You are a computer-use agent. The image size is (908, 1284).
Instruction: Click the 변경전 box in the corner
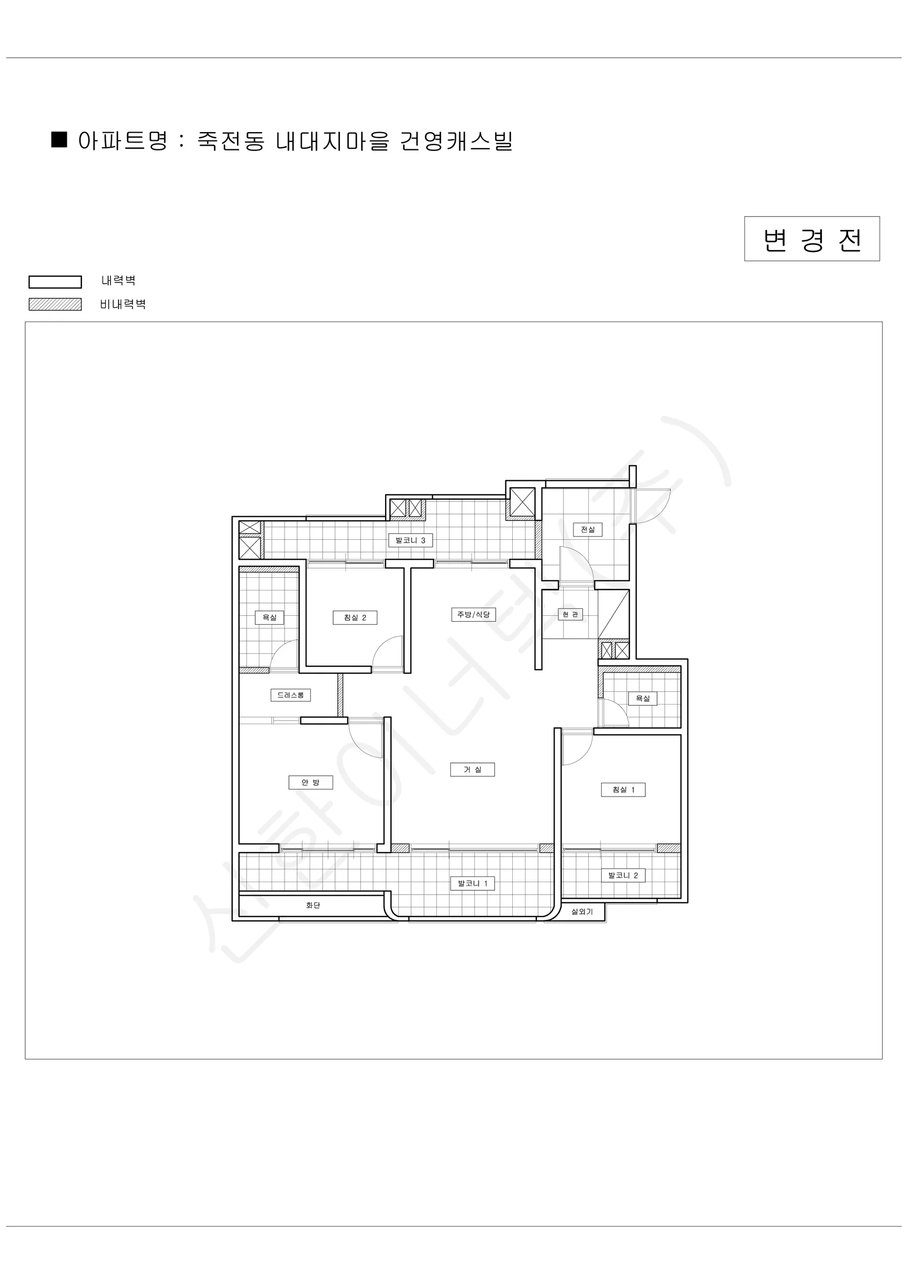(x=812, y=239)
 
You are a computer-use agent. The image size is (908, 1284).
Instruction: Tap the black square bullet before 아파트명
(x=59, y=139)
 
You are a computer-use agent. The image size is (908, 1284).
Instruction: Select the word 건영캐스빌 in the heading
(x=457, y=141)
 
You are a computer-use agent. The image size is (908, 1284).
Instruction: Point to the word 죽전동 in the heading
(x=231, y=141)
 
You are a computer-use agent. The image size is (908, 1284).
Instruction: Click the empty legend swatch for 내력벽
(x=56, y=282)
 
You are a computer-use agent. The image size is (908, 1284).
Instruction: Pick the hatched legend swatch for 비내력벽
(x=56, y=304)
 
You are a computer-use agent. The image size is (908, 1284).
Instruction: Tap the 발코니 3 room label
(x=410, y=540)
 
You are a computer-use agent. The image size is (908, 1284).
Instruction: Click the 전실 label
(x=588, y=529)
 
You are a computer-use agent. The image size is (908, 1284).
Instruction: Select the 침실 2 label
(x=355, y=617)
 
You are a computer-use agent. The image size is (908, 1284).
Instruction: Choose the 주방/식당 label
(x=474, y=614)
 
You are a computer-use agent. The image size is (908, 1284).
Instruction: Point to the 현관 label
(x=570, y=614)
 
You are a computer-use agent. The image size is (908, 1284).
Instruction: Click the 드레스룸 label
(x=291, y=695)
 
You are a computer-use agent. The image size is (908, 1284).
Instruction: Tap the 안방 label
(x=311, y=782)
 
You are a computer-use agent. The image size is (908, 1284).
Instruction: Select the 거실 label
(x=473, y=769)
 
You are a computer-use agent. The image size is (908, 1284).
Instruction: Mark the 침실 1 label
(x=624, y=790)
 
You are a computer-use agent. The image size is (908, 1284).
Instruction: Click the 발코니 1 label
(x=473, y=884)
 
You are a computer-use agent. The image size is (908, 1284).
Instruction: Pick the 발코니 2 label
(x=624, y=875)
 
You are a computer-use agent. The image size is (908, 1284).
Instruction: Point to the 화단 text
(x=313, y=905)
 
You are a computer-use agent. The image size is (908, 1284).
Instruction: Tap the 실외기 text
(x=582, y=912)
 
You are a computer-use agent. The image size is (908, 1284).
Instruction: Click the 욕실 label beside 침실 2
(x=270, y=617)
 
